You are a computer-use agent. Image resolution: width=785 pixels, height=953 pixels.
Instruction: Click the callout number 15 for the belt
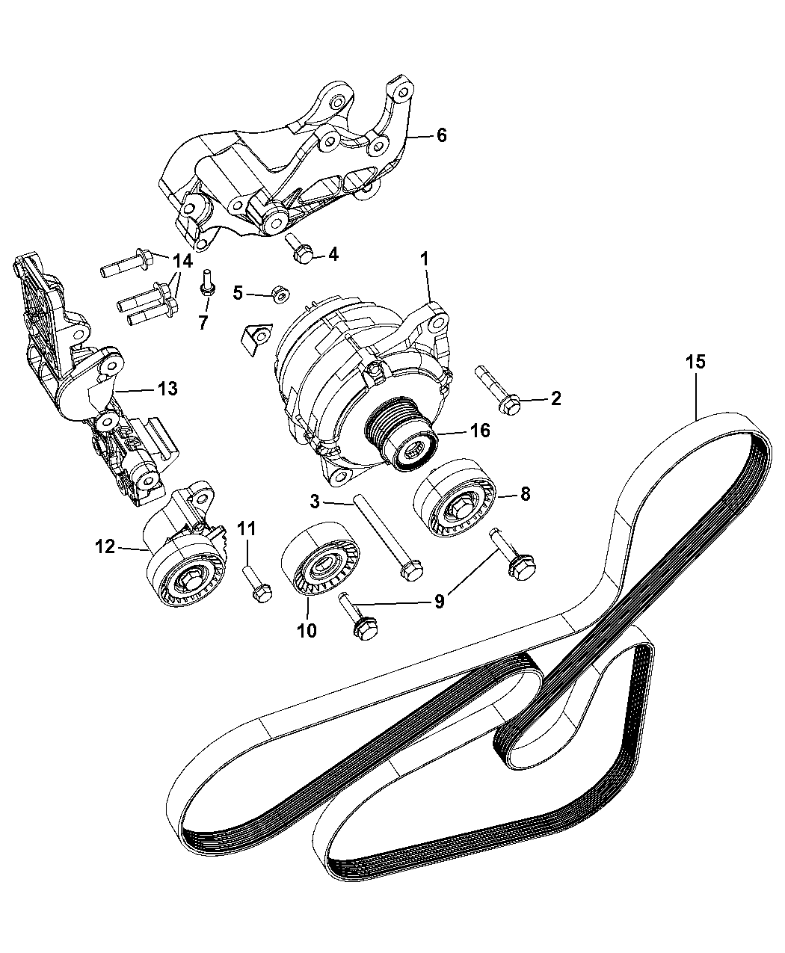(x=695, y=363)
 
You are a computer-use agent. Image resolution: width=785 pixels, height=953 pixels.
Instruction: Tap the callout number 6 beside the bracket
(x=441, y=135)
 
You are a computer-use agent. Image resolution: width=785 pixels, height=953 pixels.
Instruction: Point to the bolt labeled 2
(x=497, y=389)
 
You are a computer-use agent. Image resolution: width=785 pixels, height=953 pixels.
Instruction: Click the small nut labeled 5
(x=281, y=294)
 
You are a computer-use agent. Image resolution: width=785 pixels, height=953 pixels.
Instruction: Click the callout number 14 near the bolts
(x=182, y=262)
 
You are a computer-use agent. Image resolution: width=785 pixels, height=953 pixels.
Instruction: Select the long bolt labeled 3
(x=384, y=536)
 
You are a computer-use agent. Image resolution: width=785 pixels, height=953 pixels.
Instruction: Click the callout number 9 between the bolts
(x=440, y=600)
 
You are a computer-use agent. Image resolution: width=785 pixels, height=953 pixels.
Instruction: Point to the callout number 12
(x=105, y=547)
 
